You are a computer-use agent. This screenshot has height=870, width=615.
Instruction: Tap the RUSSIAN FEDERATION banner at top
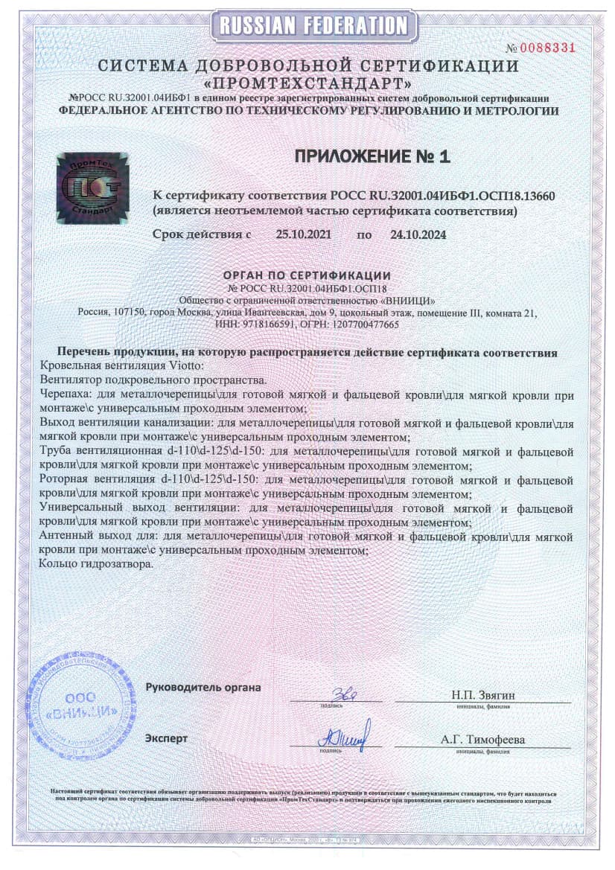point(308,25)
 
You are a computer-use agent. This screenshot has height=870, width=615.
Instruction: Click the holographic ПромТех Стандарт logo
point(93,188)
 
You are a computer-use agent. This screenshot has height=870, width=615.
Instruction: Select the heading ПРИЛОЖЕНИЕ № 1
point(372,157)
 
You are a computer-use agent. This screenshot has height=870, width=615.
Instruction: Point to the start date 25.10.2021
point(303,234)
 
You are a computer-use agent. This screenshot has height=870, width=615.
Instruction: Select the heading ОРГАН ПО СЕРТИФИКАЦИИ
point(307,276)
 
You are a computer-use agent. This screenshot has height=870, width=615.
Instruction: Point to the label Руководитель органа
point(203,687)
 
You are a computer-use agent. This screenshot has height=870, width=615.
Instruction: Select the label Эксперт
point(167,738)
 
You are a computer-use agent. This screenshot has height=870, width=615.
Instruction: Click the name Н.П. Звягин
point(482,695)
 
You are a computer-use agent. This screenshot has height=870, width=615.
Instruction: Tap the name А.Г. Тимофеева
point(482,740)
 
